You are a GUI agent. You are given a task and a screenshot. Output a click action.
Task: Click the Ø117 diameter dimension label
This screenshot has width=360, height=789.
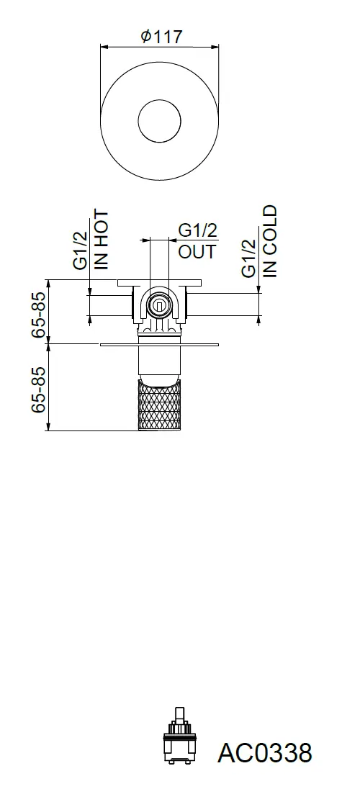[x=161, y=37]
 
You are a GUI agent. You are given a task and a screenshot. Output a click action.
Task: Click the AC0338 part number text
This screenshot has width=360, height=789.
[x=265, y=753]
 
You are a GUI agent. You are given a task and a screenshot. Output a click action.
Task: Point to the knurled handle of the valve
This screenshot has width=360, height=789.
[x=159, y=405]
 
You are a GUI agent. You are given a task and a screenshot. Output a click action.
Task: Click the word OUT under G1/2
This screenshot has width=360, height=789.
[x=197, y=251]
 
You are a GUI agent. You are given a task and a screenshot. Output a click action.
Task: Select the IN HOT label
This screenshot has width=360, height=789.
[x=102, y=240]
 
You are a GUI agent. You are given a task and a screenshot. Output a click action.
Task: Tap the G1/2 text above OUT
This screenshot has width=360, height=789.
[x=198, y=230]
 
